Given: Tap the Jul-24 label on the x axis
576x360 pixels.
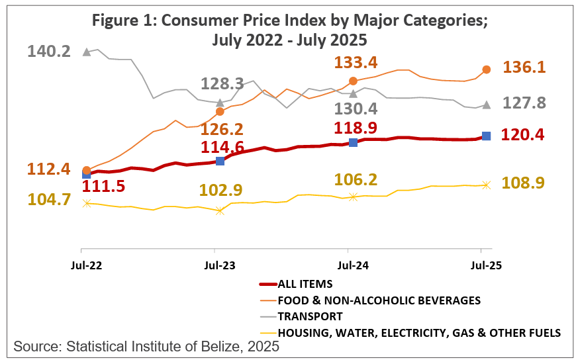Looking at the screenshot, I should tap(348, 266).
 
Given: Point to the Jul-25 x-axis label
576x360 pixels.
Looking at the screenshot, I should tap(481, 266).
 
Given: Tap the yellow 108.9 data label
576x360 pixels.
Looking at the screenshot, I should tap(524, 183).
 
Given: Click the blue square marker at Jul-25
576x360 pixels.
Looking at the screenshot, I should tap(486, 136).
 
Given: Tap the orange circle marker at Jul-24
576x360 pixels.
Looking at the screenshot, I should tap(353, 81).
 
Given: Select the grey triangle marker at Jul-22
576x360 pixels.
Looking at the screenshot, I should tap(86, 51).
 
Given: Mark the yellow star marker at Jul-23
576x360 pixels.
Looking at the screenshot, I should tap(220, 210).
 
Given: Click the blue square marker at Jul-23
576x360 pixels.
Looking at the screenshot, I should tap(220, 161).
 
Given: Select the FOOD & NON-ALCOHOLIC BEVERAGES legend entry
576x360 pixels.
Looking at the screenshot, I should tap(379, 300).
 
